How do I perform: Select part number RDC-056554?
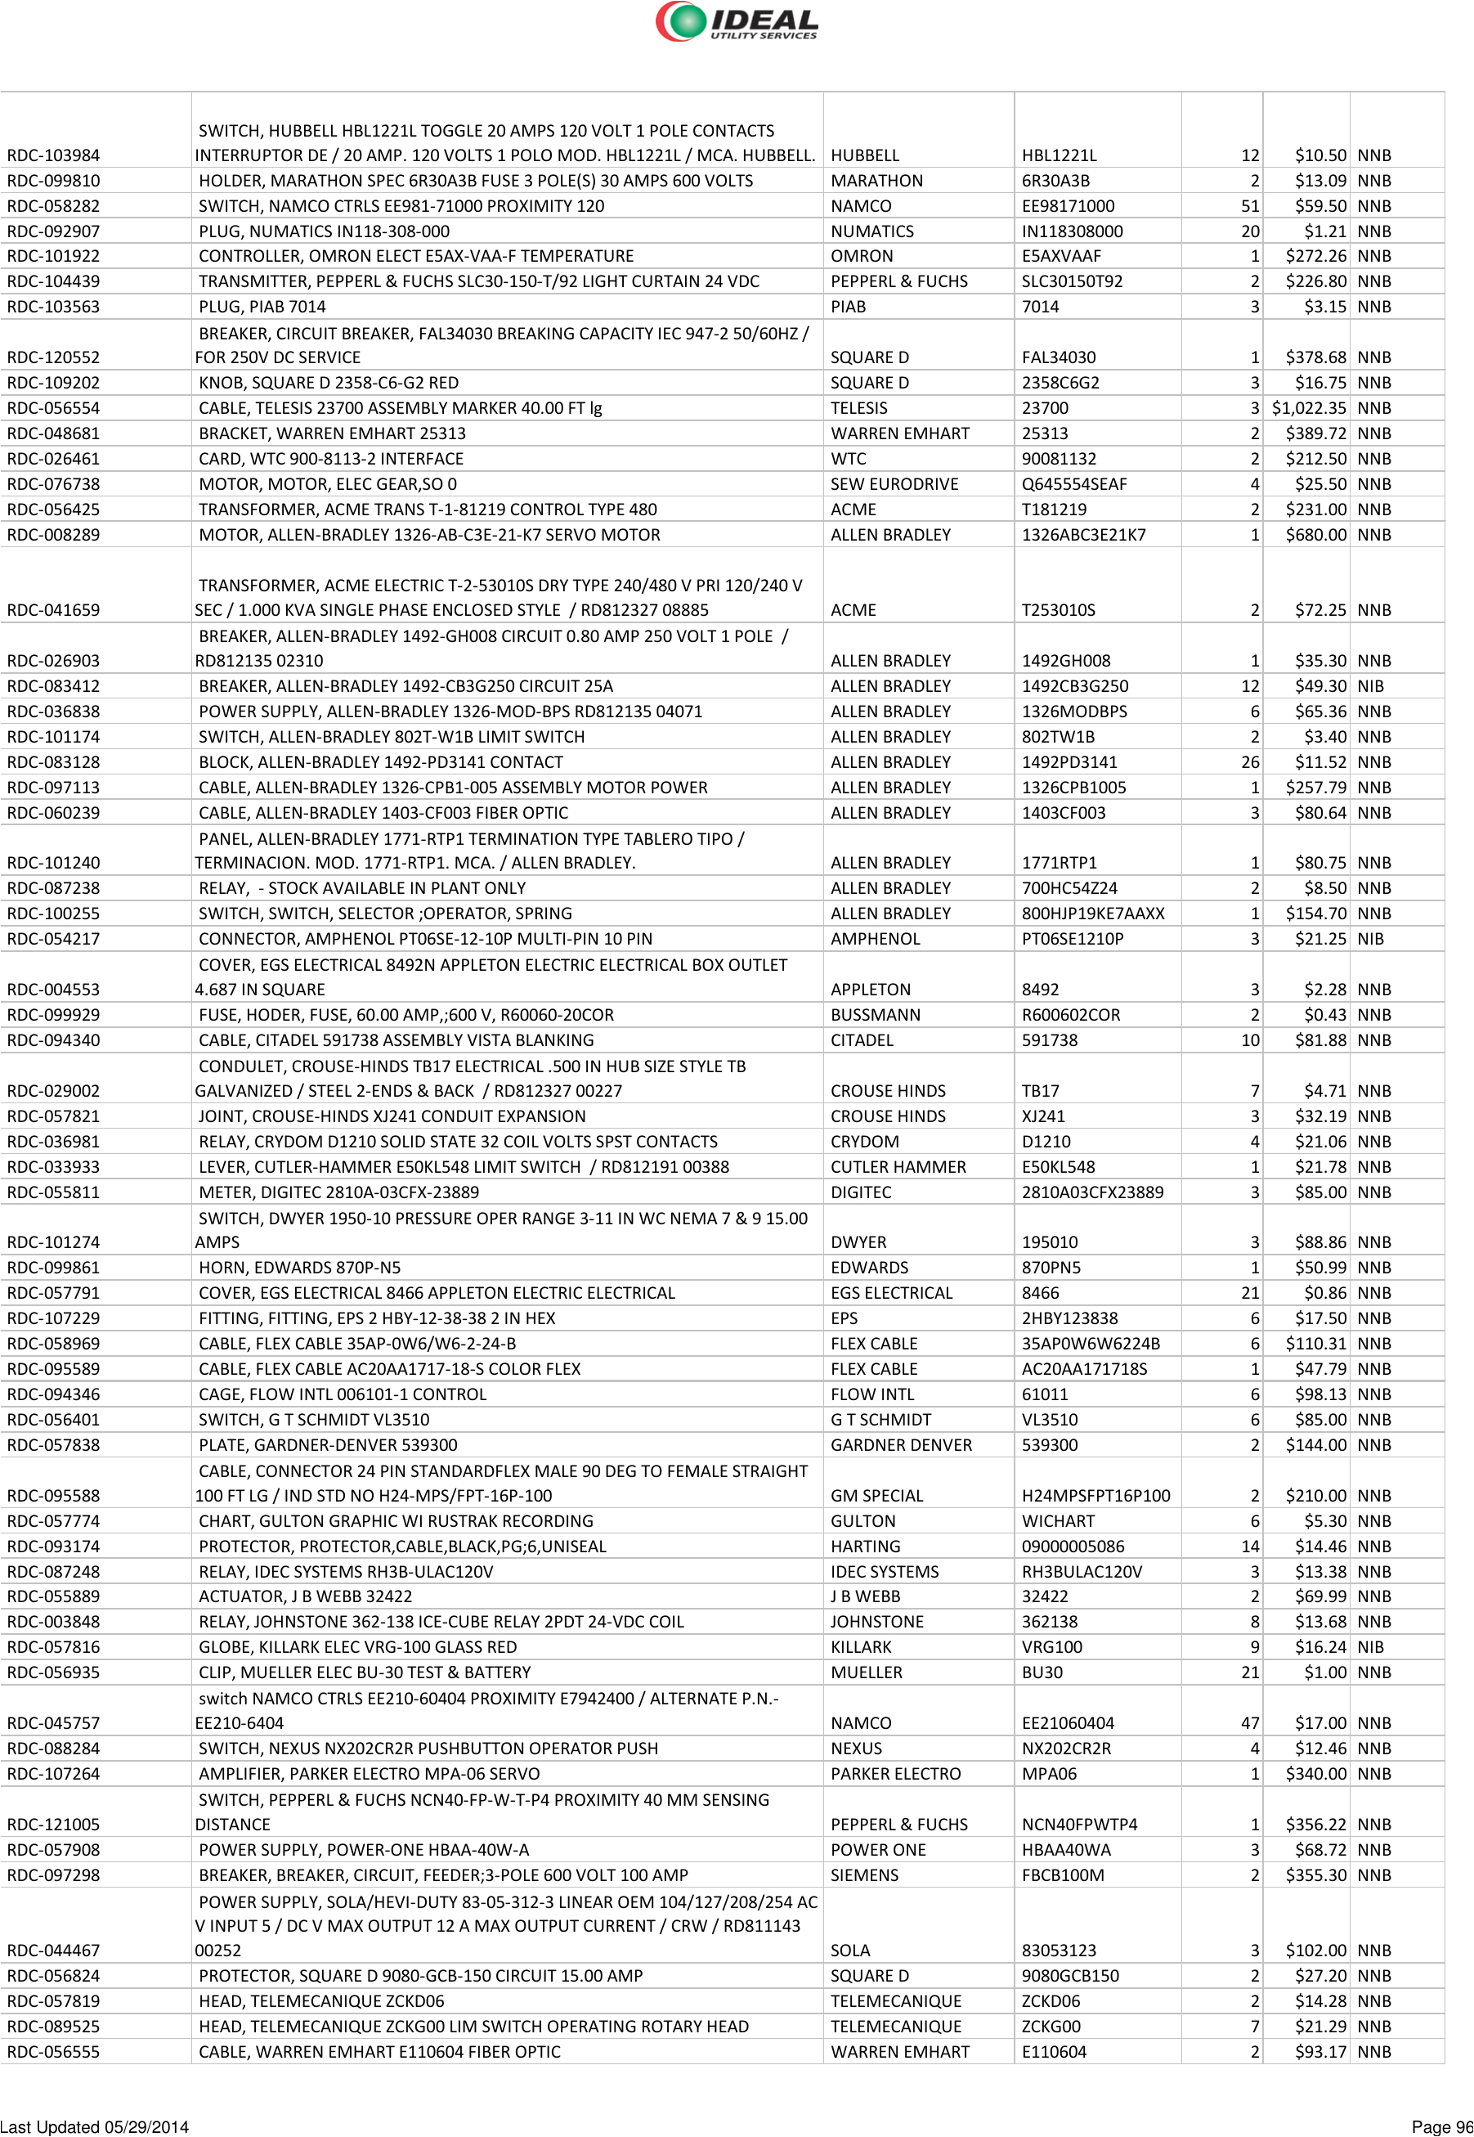54,408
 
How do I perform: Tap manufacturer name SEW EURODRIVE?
894,484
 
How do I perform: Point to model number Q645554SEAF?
1074,484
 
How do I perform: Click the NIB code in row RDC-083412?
1370,686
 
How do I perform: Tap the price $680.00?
1316,535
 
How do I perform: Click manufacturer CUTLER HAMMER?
898,1167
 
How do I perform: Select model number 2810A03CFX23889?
1092,1192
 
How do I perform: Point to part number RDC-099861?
54,1268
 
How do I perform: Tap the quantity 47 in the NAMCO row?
1249,1723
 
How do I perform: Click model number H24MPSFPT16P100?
1095,1496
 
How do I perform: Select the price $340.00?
1316,1774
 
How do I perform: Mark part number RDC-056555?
54,2052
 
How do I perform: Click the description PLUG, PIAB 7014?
262,307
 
